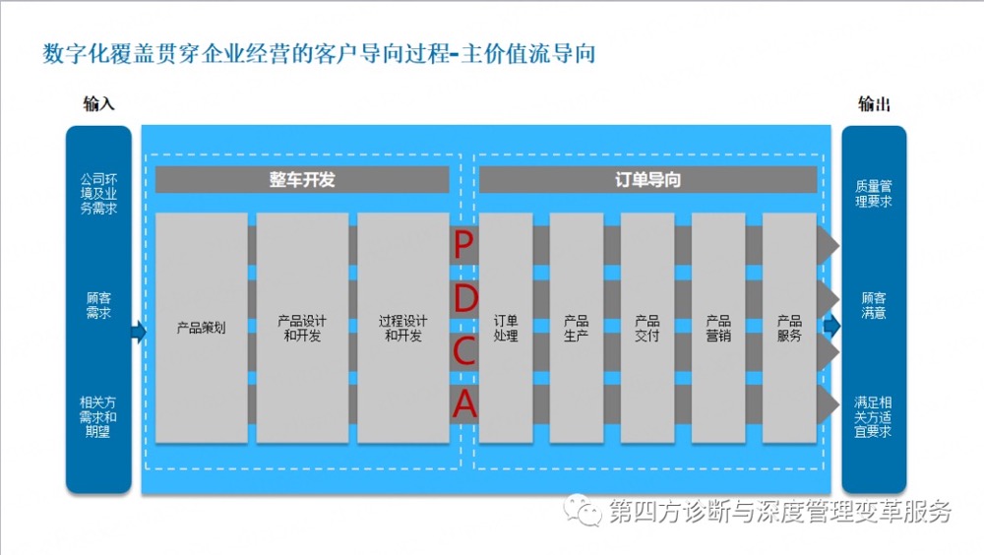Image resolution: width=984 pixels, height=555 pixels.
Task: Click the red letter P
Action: pos(462,244)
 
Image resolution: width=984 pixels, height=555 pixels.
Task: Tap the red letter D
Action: pos(465,298)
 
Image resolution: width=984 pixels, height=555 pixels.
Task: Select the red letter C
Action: pos(464,351)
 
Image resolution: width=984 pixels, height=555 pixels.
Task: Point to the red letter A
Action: pos(465,403)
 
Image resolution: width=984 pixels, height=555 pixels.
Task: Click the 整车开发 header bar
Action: pos(302,179)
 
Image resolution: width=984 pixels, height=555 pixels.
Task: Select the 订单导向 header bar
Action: pos(647,179)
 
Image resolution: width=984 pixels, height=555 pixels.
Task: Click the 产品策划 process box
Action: pos(201,328)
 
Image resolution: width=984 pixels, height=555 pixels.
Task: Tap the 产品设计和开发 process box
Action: pos(302,328)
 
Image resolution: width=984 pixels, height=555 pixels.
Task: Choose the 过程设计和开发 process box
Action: pos(402,328)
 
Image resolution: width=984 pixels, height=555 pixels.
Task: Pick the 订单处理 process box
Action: pos(506,328)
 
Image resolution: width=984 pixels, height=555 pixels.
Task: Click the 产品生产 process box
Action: pos(576,328)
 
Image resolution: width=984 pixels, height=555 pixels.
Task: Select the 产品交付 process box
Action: pos(647,328)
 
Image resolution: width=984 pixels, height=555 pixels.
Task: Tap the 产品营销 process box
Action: pos(718,328)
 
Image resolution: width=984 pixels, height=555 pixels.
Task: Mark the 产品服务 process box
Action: pos(789,328)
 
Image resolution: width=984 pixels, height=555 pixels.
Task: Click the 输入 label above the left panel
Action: pos(98,103)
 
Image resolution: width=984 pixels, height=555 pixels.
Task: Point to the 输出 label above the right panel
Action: pos(874,103)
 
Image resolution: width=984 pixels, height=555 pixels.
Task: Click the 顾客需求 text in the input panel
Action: pos(98,305)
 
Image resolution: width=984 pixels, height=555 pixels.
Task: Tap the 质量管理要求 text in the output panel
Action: pos(874,194)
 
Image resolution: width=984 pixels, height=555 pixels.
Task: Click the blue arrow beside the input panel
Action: pos(139,332)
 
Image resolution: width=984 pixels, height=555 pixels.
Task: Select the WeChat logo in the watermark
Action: pos(582,510)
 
